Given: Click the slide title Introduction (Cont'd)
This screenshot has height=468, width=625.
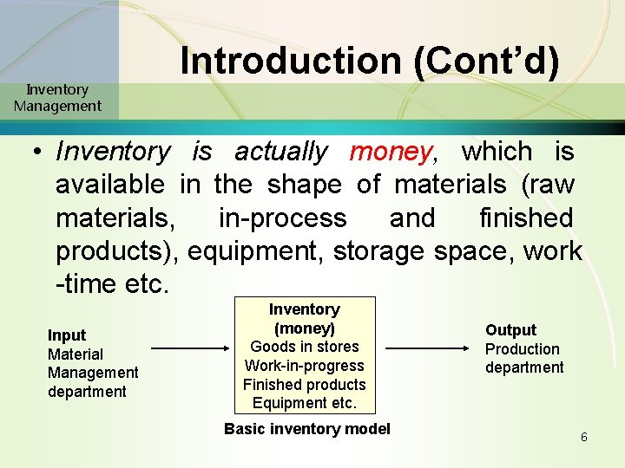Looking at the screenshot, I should pos(370,61).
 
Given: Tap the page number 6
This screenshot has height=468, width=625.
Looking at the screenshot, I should pos(584,437).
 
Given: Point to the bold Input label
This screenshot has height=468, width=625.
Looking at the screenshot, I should pos(67,335).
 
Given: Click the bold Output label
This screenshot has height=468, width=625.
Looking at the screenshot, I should pos(510,330).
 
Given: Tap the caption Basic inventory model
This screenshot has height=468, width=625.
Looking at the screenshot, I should pos(307,429).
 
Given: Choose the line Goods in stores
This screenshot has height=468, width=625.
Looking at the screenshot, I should pos(304,347).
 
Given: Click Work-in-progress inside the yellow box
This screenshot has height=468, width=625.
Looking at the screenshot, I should pos(304,366).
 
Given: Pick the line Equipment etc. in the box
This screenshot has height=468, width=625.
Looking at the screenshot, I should pos(304,403).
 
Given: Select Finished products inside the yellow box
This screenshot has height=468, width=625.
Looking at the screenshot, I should pos(304,385).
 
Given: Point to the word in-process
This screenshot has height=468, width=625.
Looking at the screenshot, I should pos(282,218).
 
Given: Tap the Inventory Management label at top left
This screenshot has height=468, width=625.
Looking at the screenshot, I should pos(57,98).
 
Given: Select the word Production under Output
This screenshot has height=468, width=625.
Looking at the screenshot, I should pos(522,349).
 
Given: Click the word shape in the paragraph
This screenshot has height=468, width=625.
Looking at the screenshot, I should pos(307,185).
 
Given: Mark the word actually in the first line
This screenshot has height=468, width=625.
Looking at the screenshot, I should pos(280,152).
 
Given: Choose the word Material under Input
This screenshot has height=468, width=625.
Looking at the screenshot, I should pos(75,354).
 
